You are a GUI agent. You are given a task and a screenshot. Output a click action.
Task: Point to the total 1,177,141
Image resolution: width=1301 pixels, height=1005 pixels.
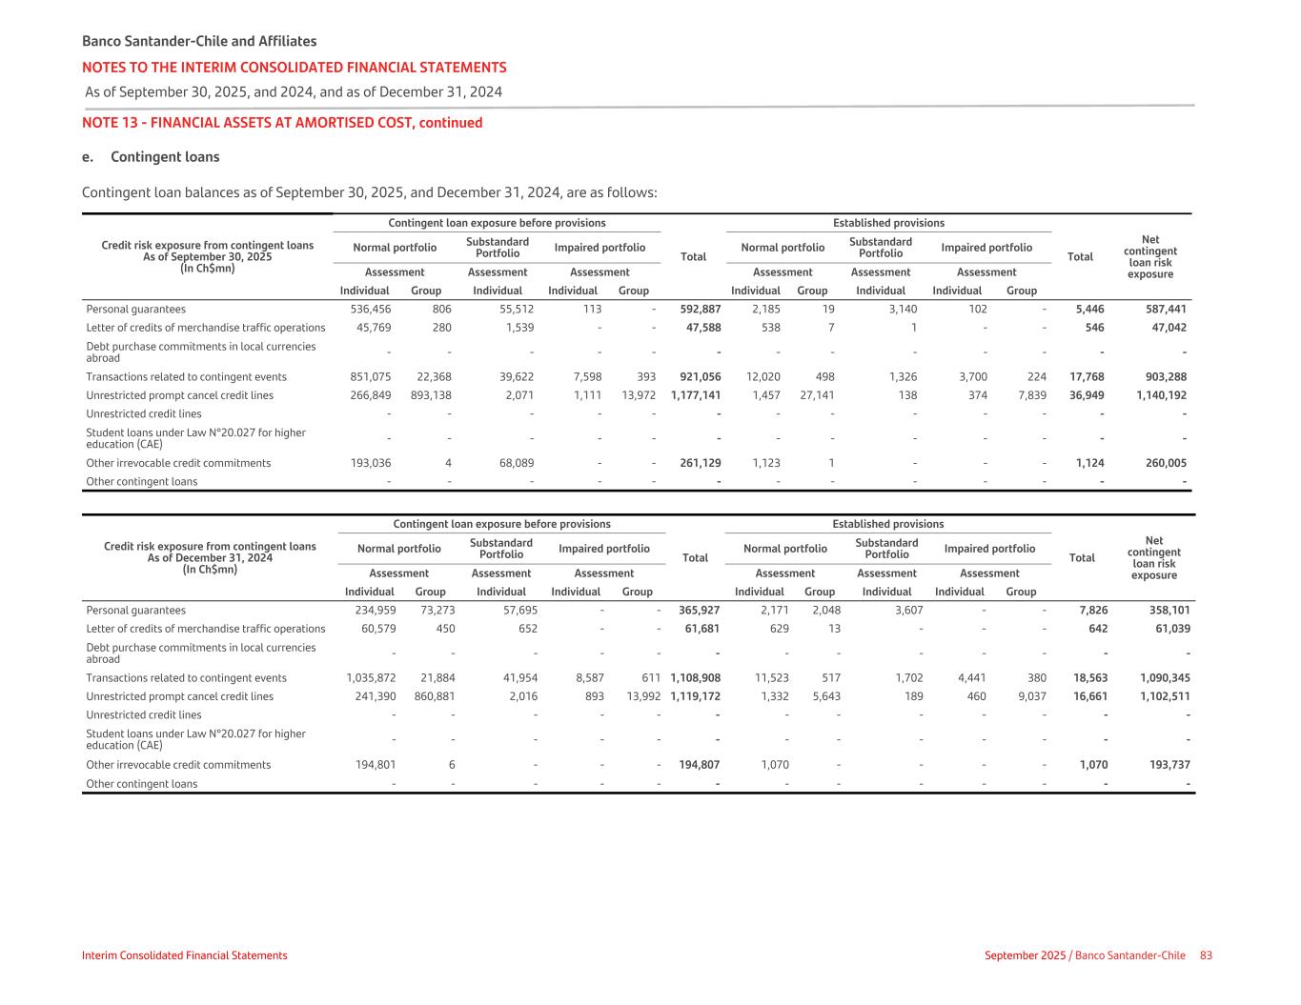[x=696, y=394]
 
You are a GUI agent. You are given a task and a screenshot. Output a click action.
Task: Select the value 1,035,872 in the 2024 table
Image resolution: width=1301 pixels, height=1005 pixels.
[x=370, y=678]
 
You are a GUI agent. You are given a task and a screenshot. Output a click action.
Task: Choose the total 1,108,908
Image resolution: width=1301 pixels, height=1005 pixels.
[x=696, y=678]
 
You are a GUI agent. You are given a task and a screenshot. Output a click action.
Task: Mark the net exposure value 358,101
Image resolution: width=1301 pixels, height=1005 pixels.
[x=1165, y=610]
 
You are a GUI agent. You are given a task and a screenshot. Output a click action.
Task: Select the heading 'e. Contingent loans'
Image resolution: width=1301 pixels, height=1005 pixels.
[x=151, y=157]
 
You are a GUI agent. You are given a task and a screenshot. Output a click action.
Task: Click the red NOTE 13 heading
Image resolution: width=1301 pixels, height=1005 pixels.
[x=282, y=123]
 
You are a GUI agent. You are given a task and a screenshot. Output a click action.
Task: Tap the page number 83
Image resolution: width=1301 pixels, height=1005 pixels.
[x=1206, y=955]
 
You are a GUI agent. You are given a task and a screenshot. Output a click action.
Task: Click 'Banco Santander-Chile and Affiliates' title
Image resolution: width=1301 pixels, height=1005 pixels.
[x=199, y=41]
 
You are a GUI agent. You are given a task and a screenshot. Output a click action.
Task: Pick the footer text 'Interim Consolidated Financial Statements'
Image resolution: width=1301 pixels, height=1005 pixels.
[x=184, y=955]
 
